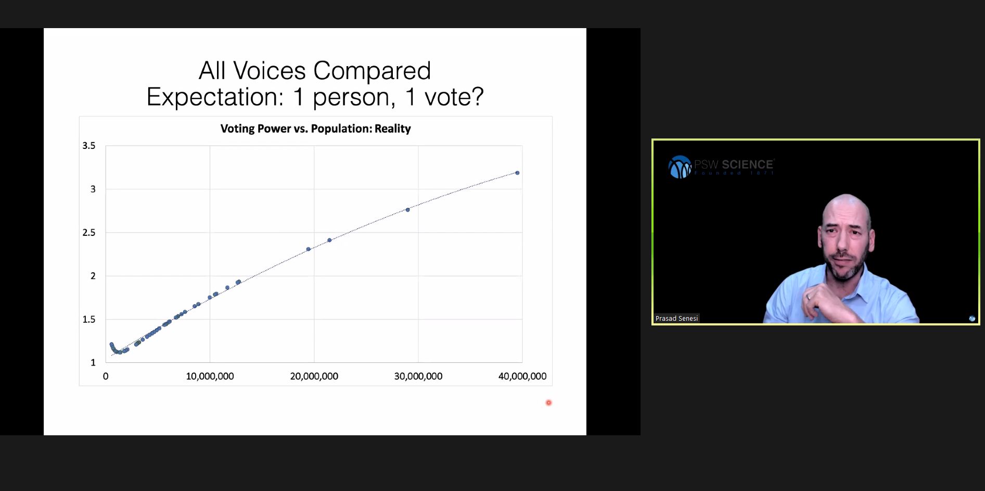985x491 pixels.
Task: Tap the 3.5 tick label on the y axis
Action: [x=89, y=146]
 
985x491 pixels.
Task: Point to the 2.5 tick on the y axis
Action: [x=89, y=233]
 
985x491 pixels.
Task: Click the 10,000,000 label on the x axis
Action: [x=210, y=376]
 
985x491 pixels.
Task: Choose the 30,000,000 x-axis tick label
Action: [x=418, y=376]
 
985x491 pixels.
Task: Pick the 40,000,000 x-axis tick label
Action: [x=522, y=376]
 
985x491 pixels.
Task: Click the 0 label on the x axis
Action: [x=106, y=376]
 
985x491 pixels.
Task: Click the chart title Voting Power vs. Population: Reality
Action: [x=315, y=129]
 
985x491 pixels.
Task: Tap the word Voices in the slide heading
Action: [x=270, y=71]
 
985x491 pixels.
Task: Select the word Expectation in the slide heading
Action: [x=215, y=97]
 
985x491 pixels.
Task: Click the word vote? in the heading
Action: [x=454, y=97]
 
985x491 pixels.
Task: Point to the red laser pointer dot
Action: [x=548, y=402]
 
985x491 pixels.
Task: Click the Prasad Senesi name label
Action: [x=676, y=318]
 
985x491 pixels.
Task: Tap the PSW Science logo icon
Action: [x=680, y=167]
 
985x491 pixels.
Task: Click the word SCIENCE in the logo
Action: [x=747, y=165]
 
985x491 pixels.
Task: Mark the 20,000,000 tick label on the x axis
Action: [x=314, y=376]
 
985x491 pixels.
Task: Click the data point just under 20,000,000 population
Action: [x=309, y=249]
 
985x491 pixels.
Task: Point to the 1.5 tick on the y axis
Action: [x=89, y=319]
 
